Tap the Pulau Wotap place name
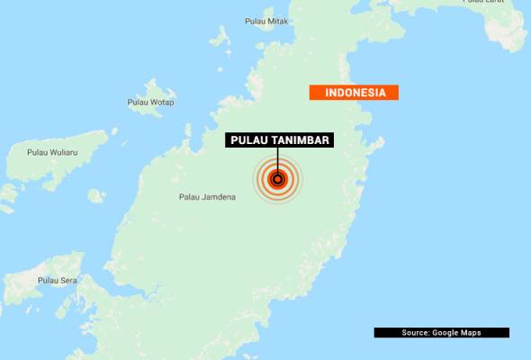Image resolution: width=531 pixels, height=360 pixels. coord(150,102)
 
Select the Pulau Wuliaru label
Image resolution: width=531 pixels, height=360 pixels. coord(52,153)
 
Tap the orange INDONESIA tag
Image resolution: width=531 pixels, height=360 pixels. coord(354,93)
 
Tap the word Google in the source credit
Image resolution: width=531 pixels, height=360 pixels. coord(449,333)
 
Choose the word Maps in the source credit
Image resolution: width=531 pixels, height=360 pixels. coord(471,333)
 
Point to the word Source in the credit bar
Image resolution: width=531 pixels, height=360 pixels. coord(417,333)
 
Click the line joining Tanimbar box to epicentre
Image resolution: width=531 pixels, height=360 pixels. coord(277,159)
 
